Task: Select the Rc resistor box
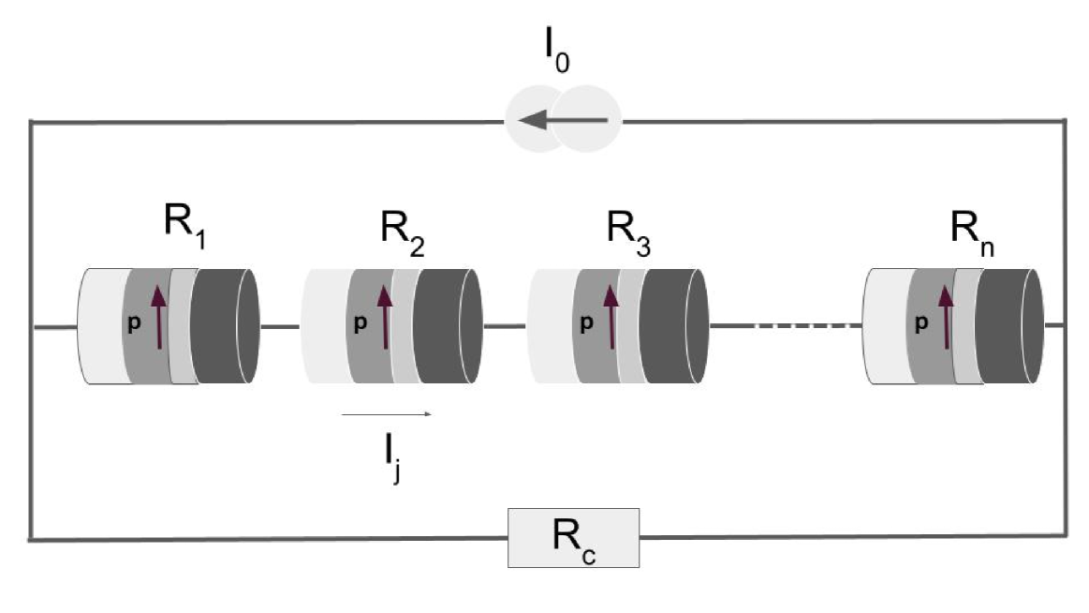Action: point(573,538)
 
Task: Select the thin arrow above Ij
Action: point(386,413)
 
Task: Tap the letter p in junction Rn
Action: point(921,322)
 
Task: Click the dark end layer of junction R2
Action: point(445,326)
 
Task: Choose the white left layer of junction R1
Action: point(99,326)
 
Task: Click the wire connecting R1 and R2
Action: point(280,326)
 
